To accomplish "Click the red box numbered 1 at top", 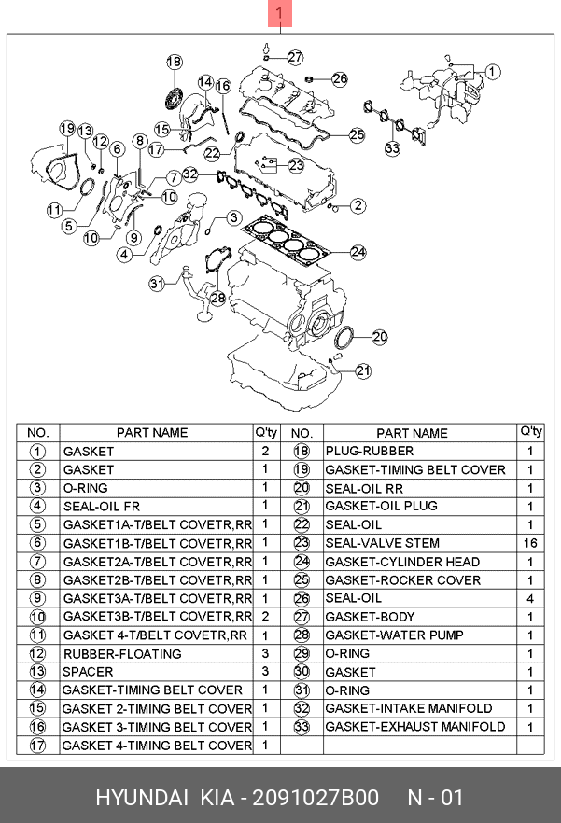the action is tap(280, 13).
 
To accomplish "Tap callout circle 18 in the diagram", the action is tap(175, 62).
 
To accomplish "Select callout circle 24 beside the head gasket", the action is tap(358, 252).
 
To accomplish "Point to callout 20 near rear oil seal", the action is tap(379, 337).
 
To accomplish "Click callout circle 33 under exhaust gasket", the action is tap(392, 148).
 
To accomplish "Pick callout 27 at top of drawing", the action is tap(295, 57).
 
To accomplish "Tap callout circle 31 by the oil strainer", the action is tap(157, 284).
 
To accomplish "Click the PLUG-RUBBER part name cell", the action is tap(370, 451).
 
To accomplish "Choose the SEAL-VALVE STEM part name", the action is tap(382, 543).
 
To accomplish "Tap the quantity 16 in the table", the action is tap(530, 543).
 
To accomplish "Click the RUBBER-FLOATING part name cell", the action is tap(122, 654).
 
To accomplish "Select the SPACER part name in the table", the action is tap(88, 672).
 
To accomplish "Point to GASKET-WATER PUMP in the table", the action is tap(394, 635).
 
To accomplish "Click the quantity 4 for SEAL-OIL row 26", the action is tap(530, 598).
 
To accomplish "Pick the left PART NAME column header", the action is tap(152, 433).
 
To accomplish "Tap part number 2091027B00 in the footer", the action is tap(316, 797).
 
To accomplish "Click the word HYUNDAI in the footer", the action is tap(142, 797).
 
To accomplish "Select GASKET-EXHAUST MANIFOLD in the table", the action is tap(415, 727).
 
